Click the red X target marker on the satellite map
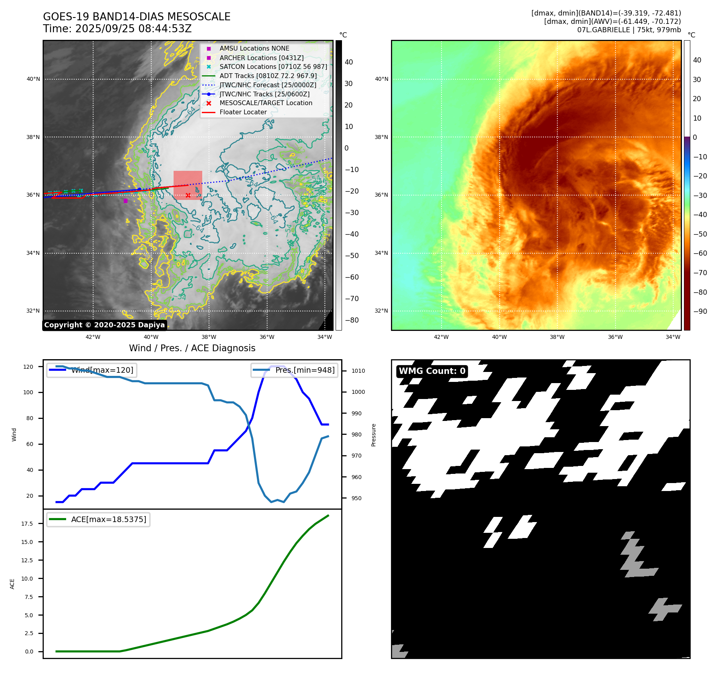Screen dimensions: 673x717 (x=188, y=195)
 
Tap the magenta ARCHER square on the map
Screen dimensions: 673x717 (x=125, y=201)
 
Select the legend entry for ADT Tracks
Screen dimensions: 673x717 (x=268, y=76)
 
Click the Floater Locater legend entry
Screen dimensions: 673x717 (x=243, y=112)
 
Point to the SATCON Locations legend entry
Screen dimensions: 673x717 (x=273, y=67)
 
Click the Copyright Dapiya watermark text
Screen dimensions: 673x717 (x=104, y=325)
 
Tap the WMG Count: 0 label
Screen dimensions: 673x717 (x=432, y=371)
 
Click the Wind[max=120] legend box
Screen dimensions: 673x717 (x=91, y=370)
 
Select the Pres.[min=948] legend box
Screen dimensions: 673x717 (x=294, y=370)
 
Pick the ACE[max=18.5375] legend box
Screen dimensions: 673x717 (x=98, y=519)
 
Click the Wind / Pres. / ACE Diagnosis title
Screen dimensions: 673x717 (x=192, y=348)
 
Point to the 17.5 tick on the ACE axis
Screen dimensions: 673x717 (x=27, y=524)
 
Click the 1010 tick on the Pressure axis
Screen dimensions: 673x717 (x=358, y=371)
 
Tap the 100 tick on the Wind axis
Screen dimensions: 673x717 (x=28, y=392)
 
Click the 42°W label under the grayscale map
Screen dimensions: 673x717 (x=93, y=337)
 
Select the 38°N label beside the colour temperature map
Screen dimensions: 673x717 (x=381, y=137)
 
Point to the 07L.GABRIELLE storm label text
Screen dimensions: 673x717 (x=604, y=30)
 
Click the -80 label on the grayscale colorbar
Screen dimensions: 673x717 (x=352, y=320)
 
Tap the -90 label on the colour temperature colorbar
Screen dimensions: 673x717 (x=700, y=311)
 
